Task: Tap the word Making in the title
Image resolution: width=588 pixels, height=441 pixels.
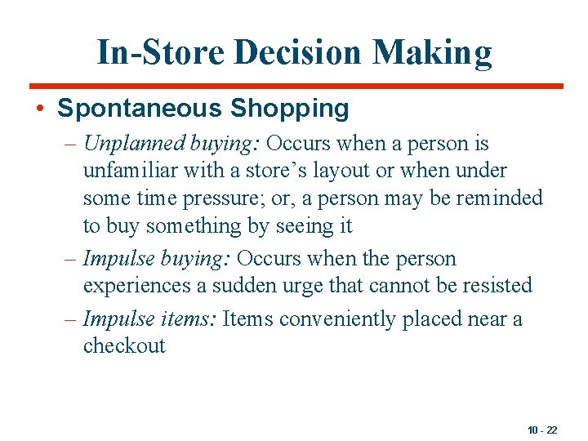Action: point(433,52)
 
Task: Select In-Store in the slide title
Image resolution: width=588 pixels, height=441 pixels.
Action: point(161,52)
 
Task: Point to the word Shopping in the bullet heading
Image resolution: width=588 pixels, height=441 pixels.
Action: point(290,108)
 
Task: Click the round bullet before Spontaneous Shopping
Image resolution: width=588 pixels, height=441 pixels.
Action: point(41,109)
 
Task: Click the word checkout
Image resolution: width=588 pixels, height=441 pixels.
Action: point(124,345)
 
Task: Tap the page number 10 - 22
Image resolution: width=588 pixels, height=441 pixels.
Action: point(541,430)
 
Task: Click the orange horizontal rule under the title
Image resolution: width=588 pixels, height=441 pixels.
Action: point(296,86)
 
